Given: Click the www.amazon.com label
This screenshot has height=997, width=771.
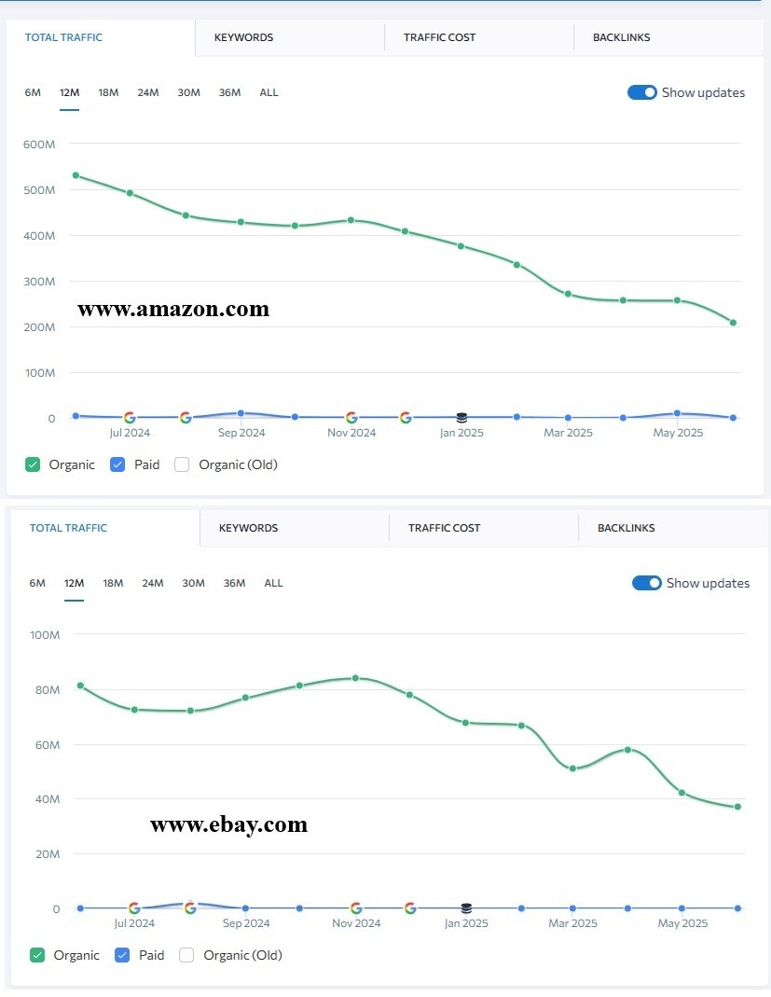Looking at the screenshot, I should coord(173,309).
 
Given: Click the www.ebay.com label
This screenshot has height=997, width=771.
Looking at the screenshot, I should coord(228,824).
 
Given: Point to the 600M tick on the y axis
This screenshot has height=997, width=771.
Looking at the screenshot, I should coord(40,144).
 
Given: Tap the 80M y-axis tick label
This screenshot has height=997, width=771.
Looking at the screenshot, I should coord(45,689).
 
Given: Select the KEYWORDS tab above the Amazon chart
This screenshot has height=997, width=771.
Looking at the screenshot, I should coord(243,37).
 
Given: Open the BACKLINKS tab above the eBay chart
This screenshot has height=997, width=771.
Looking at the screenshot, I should coord(626,528).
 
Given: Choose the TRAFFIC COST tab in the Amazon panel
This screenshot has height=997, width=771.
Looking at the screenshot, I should coord(439,37).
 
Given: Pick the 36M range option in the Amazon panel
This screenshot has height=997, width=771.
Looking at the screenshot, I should coord(229,92).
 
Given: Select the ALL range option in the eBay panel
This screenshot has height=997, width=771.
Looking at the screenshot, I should coord(273,583).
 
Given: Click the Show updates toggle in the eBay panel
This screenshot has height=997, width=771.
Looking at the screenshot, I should coord(647,583).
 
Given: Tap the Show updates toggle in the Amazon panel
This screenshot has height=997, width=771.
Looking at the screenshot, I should coord(642,92).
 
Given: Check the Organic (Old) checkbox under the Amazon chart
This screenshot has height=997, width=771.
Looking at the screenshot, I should coord(182,464).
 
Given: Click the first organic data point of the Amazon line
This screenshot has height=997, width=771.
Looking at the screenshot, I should coord(76,175).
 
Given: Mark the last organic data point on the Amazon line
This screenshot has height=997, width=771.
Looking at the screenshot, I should coord(734,323).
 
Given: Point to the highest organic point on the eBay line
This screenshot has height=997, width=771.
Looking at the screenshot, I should coord(355,678).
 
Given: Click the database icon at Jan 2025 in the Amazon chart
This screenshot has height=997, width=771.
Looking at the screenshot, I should coord(461,418).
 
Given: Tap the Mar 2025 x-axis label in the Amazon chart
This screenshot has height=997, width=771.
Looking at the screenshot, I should coord(568,433).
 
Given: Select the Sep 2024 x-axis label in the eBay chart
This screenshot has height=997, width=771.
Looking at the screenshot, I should coord(245,923).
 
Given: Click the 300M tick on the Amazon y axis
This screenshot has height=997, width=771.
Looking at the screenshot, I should coord(40,281).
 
